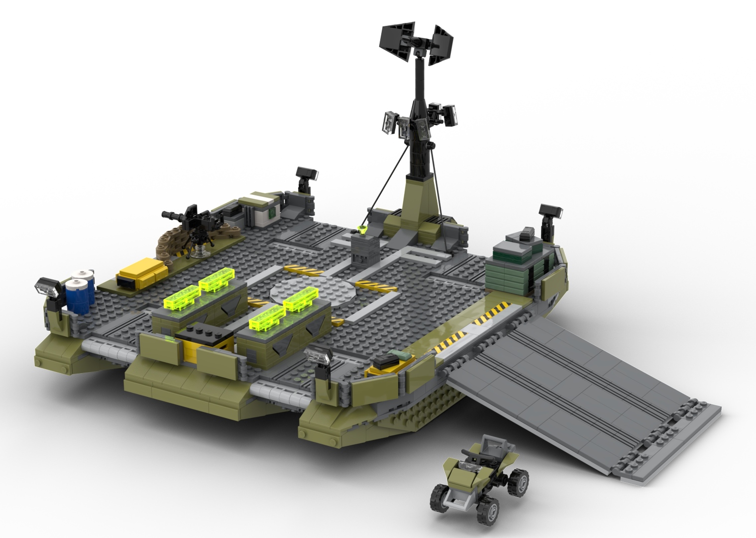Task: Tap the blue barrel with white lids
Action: click(81, 292)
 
